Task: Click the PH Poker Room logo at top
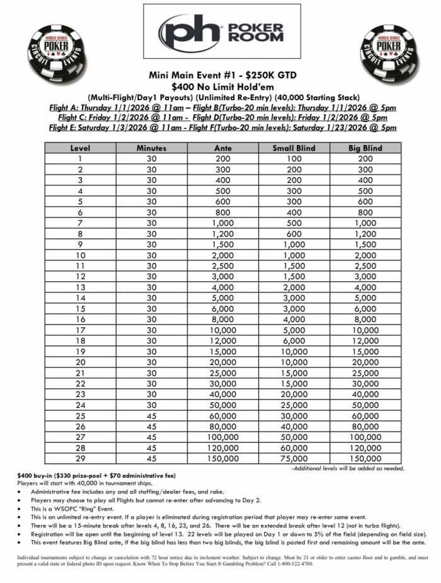221,32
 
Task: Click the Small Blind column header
294,148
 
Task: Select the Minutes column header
151,148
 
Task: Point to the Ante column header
222,148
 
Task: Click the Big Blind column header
365,148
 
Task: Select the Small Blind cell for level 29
294,459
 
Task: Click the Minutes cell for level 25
151,416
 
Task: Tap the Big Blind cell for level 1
365,158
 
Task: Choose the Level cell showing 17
80,330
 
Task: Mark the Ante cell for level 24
222,405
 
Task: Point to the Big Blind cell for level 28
365,448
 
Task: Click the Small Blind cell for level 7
294,222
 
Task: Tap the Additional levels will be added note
347,468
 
